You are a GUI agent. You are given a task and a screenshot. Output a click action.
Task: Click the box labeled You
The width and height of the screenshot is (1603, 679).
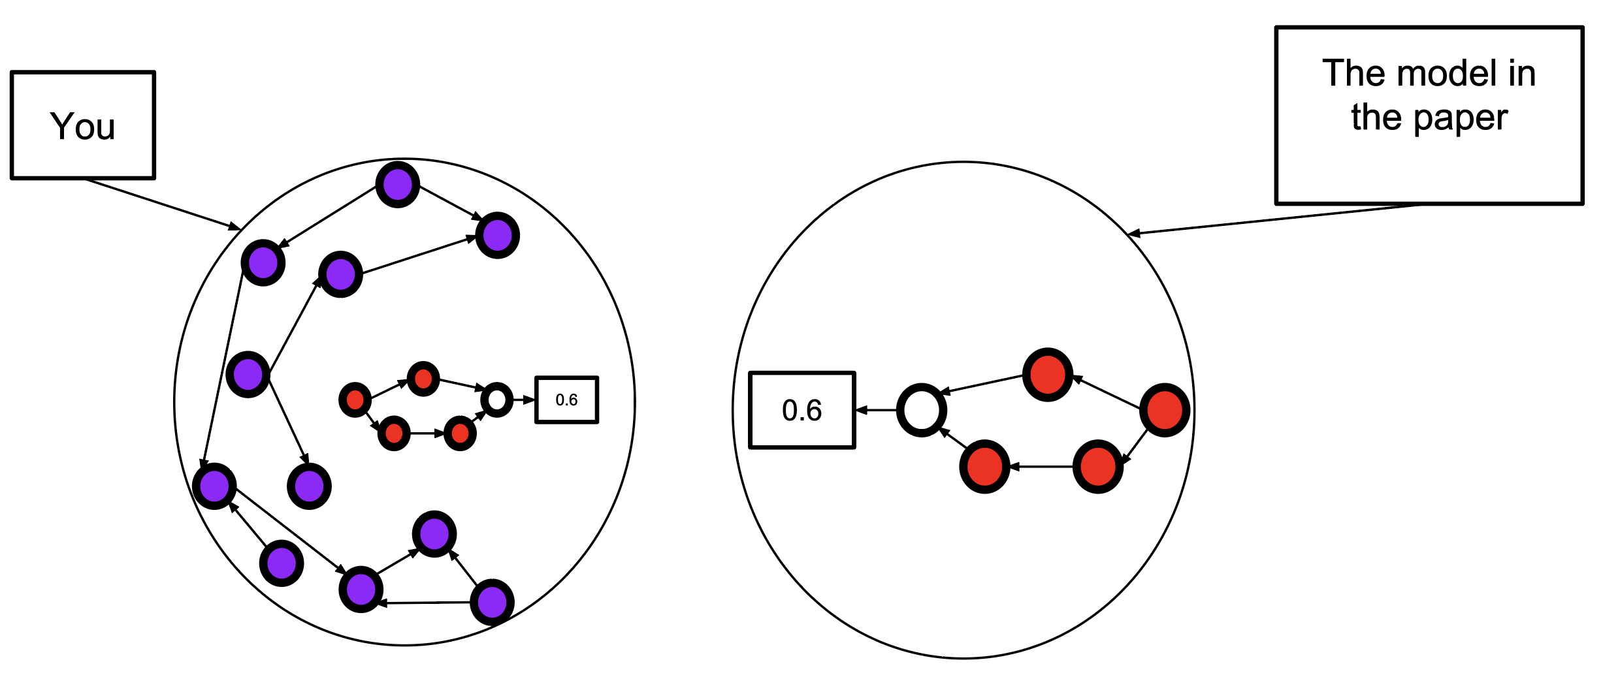tap(83, 125)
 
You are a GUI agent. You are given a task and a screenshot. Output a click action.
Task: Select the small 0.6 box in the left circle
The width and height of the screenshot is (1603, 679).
tap(566, 400)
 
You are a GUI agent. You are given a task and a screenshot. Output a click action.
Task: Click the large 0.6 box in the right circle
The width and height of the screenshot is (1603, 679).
tap(801, 410)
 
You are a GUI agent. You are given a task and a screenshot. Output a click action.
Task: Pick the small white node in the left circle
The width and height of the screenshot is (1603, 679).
tap(496, 400)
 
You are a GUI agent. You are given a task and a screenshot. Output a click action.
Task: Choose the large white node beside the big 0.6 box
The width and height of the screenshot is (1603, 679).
tap(922, 410)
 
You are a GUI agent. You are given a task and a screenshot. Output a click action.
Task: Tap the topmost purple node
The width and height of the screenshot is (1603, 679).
tap(397, 185)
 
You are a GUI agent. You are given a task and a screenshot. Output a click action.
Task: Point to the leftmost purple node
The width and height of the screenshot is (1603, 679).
tap(214, 486)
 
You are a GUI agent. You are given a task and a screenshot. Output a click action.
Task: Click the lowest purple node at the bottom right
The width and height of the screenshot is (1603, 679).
tap(492, 601)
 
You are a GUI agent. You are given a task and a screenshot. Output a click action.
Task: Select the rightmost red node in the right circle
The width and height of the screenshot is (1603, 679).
tap(1164, 410)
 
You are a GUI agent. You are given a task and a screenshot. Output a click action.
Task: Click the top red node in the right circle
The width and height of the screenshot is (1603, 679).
tap(1048, 375)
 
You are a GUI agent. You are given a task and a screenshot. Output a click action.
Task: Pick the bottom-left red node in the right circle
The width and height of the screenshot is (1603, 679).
tap(984, 466)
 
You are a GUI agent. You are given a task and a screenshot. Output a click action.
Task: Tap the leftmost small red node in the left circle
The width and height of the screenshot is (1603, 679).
tap(355, 400)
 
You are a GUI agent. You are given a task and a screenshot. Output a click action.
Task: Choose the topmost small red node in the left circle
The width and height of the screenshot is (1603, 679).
tap(423, 379)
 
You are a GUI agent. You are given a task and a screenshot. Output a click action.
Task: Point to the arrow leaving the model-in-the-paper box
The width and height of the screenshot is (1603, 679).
tap(1274, 219)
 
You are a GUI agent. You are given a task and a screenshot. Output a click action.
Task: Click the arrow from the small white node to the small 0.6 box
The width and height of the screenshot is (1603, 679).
tap(523, 400)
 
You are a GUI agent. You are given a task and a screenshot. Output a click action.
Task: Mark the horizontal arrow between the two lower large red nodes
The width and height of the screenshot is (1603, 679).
tap(1041, 467)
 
